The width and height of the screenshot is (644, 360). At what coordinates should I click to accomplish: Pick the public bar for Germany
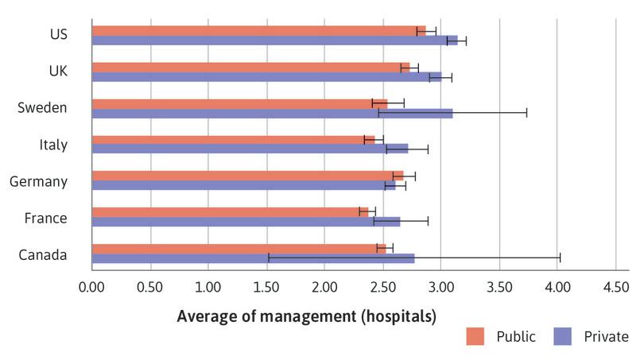pyautogui.click(x=247, y=176)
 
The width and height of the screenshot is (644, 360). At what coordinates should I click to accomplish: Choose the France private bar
pyautogui.click(x=246, y=222)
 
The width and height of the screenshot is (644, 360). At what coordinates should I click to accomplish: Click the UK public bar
pyautogui.click(x=250, y=68)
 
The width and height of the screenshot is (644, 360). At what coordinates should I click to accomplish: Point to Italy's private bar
pyautogui.click(x=250, y=149)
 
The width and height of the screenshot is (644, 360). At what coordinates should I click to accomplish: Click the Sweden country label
pyautogui.click(x=42, y=108)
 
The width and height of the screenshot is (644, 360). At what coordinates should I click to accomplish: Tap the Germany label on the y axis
pyautogui.click(x=38, y=181)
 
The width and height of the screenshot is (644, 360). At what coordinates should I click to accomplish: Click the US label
pyautogui.click(x=58, y=34)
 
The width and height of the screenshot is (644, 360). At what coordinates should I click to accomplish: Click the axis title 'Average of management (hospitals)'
pyautogui.click(x=306, y=315)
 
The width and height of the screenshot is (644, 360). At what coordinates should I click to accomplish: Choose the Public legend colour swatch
pyautogui.click(x=475, y=336)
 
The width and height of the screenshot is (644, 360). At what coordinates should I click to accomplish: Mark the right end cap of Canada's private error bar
pyautogui.click(x=560, y=257)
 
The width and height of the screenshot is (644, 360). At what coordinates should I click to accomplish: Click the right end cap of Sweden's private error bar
pyautogui.click(x=526, y=113)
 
